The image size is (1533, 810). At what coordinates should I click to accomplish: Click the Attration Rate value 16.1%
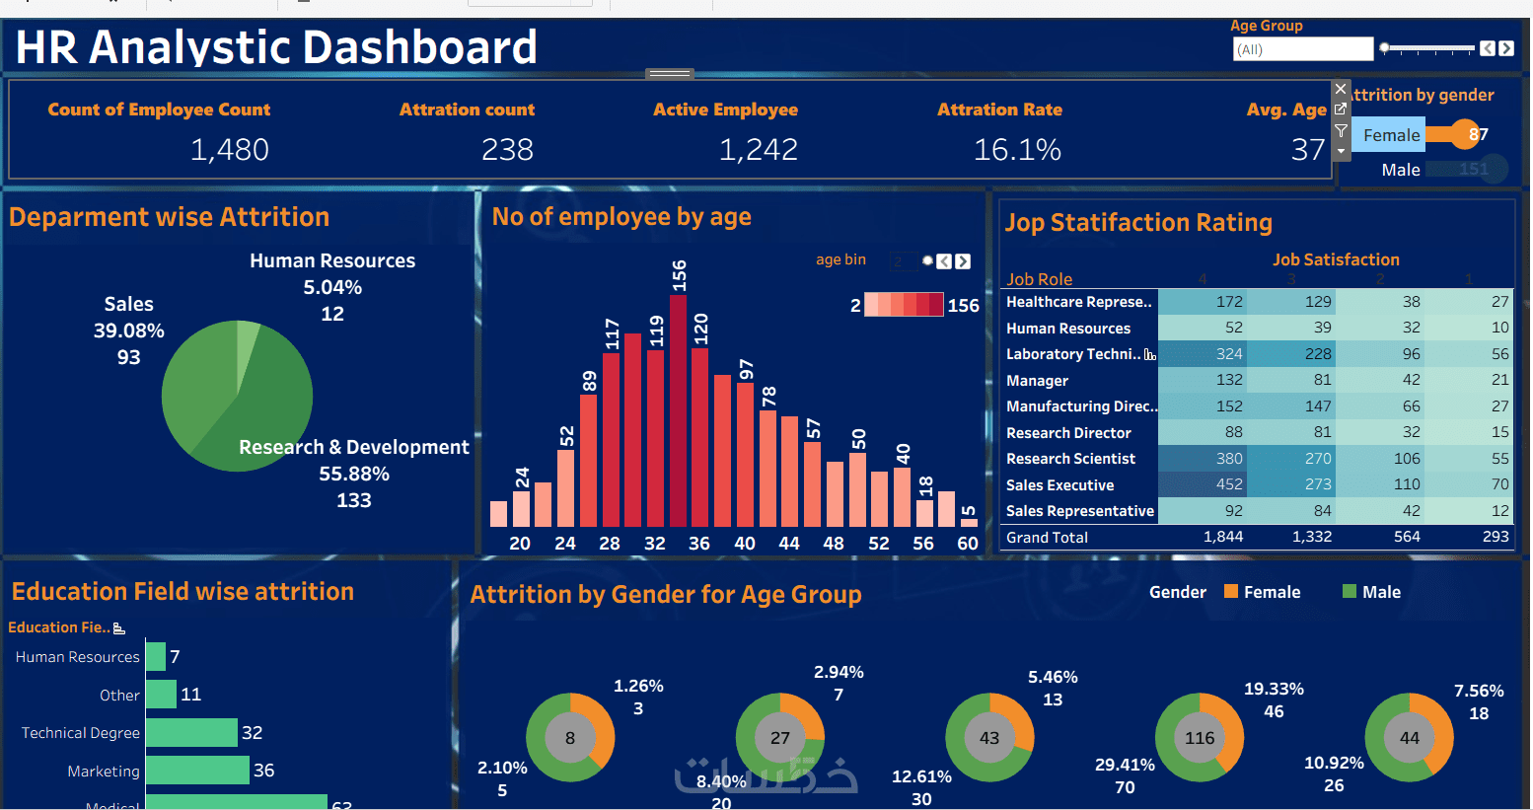[1017, 150]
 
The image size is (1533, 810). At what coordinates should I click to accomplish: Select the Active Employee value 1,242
[758, 150]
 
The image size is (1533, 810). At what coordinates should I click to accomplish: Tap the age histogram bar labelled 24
[521, 508]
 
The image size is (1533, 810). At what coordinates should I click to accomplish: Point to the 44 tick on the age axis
[789, 544]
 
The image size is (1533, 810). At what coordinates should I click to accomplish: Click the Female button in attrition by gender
[1391, 135]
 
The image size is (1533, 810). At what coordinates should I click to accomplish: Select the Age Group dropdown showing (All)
[1302, 49]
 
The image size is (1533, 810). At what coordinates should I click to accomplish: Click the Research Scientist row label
[1070, 459]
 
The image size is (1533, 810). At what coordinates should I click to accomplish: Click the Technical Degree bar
[191, 733]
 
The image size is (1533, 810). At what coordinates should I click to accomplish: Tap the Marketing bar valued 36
[197, 771]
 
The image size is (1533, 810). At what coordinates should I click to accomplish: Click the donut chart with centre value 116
[1200, 738]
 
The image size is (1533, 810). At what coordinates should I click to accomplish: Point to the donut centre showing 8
[570, 738]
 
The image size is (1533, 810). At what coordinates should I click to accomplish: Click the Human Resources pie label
[332, 261]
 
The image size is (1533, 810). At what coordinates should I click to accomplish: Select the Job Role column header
[1039, 279]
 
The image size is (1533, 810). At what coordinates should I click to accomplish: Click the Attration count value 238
[507, 150]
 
